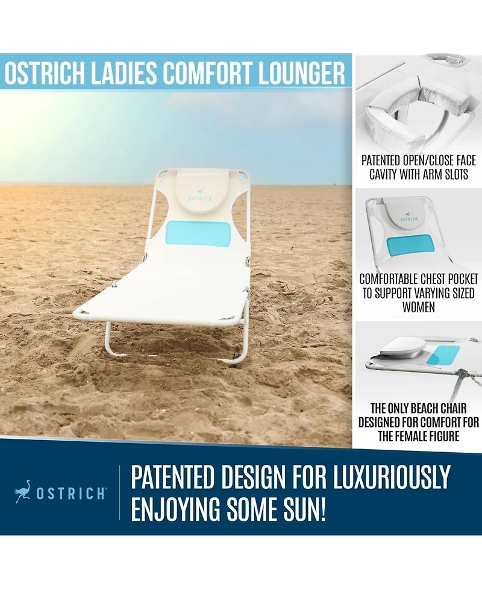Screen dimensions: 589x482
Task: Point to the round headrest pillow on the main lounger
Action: point(199,195)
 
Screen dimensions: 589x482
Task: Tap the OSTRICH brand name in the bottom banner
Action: point(71,494)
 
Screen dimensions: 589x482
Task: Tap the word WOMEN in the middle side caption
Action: point(418,306)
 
